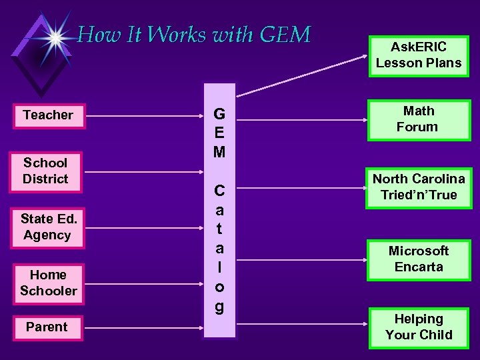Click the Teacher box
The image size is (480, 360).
click(x=48, y=115)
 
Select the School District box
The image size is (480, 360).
click(x=45, y=171)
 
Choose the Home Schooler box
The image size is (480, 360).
click(x=48, y=283)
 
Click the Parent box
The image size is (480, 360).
click(x=47, y=327)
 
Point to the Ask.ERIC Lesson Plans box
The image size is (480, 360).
click(x=418, y=55)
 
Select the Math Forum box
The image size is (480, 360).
click(x=417, y=119)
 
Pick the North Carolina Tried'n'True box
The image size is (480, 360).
click(x=418, y=187)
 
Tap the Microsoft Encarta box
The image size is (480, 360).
click(x=418, y=259)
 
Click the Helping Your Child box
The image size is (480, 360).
click(x=418, y=327)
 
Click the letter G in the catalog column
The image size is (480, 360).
click(x=219, y=113)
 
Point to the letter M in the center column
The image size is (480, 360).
click(x=219, y=151)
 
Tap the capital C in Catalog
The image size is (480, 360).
click(x=219, y=191)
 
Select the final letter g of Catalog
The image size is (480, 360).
click(x=219, y=307)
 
